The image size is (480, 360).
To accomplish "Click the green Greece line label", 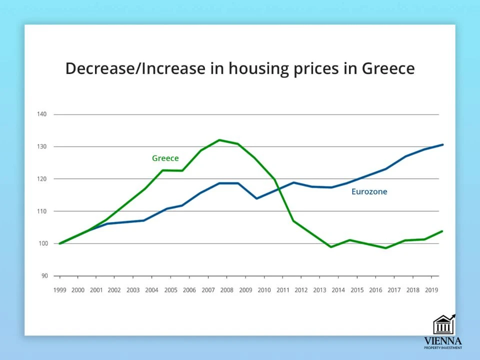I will (165, 158).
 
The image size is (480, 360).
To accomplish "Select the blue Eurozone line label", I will (369, 191).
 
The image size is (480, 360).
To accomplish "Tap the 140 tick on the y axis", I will (41, 114).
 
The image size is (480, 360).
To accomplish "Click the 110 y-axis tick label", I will (41, 211).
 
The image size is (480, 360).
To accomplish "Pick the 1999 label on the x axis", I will (59, 290).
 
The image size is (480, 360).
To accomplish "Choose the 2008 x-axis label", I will (227, 290).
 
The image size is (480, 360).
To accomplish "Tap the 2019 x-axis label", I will (431, 290).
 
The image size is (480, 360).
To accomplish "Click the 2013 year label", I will (320, 290).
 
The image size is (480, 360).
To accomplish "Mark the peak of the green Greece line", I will (219, 140).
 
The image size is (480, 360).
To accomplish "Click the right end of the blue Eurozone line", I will (442, 144).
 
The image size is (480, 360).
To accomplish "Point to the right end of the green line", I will (442, 231).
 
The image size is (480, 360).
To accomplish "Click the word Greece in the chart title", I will (388, 68).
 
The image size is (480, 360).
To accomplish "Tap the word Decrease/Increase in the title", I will (135, 68).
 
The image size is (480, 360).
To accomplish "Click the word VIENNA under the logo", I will (443, 341).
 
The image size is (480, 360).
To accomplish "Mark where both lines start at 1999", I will (60, 243).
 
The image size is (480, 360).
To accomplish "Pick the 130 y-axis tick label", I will (41, 147).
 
